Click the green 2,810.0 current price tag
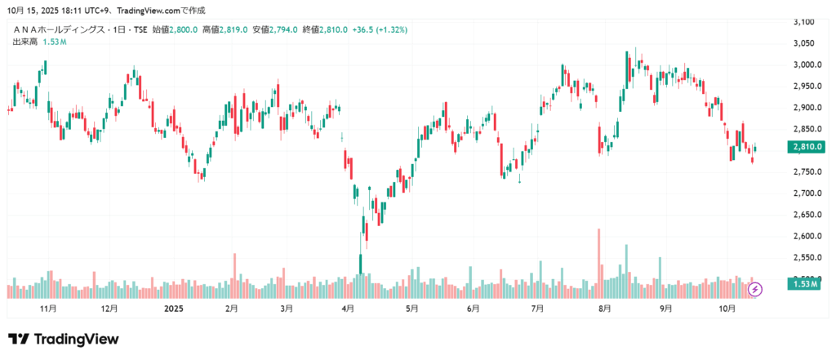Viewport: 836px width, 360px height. coord(805,147)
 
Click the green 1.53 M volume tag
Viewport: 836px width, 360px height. coord(805,283)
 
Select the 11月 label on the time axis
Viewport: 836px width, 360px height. coord(48,309)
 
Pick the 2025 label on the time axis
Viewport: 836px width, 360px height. coord(174,309)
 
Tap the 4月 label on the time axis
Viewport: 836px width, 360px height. coord(349,309)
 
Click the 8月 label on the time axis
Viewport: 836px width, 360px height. coord(605,309)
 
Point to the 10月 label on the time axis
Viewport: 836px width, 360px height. coord(727,309)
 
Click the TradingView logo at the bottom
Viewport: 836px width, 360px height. coord(64,339)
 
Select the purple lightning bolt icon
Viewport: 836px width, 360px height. coord(756,288)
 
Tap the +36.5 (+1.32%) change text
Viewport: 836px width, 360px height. coord(380,30)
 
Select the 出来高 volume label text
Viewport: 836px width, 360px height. coord(25,41)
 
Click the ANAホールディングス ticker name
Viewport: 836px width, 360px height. coord(65,30)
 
